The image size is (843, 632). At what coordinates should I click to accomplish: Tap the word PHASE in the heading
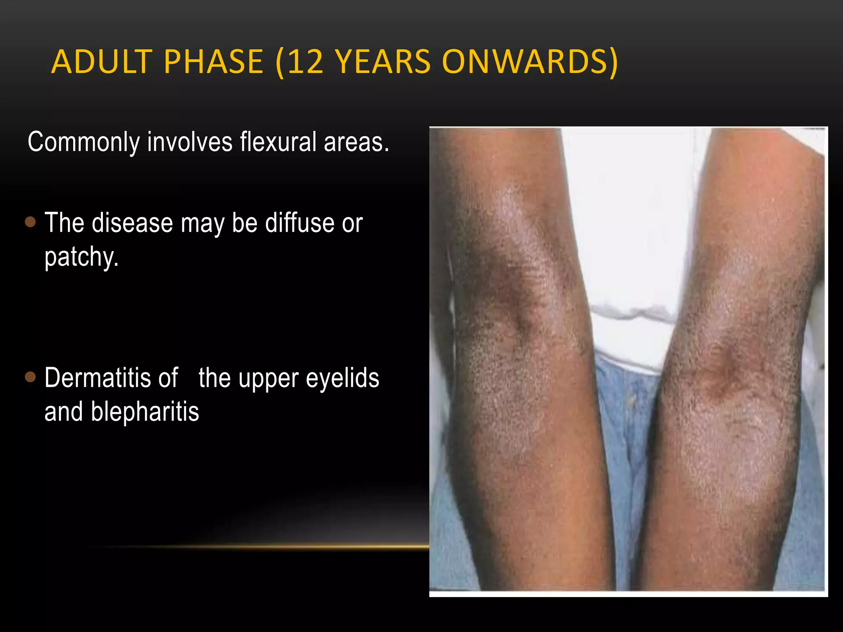tap(213, 62)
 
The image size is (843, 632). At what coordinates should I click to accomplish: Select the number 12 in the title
tap(305, 62)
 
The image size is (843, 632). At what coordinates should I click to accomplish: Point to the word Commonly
tap(84, 142)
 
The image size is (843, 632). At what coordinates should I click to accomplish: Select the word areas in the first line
tap(356, 142)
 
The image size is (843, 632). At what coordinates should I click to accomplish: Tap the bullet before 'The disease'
tap(30, 222)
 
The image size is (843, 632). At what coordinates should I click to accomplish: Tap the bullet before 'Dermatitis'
tap(30, 377)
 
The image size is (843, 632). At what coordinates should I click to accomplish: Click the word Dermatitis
tap(111, 378)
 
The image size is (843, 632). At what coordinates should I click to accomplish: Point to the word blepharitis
tap(145, 411)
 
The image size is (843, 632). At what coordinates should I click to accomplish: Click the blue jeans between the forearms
tap(626, 432)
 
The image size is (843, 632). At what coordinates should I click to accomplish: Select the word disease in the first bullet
tap(132, 223)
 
